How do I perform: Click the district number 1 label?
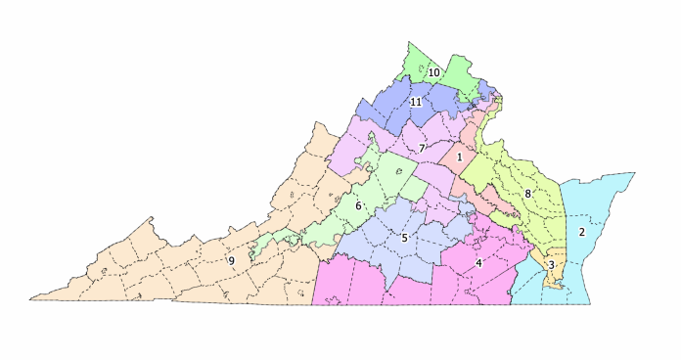point(459,157)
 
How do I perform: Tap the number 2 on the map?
point(581,232)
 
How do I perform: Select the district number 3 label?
point(552,264)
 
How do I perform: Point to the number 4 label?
point(479,262)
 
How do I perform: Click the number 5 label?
point(404,238)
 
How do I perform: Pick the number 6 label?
point(358,205)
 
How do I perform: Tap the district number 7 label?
point(421,149)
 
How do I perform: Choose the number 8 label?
point(527,194)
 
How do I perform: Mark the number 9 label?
point(231,260)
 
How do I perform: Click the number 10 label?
point(432,71)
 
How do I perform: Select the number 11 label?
point(416,102)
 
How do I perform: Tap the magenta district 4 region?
point(411,284)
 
